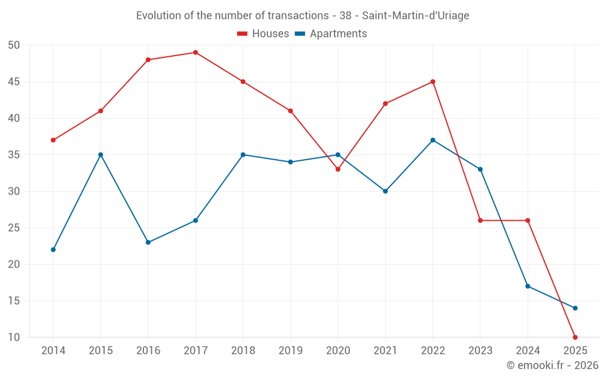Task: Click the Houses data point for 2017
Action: point(195,53)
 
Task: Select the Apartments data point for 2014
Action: point(53,250)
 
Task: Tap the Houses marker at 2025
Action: point(575,337)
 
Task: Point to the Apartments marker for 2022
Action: point(433,140)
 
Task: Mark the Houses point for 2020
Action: point(338,169)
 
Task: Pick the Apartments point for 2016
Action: point(148,243)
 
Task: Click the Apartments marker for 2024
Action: point(528,286)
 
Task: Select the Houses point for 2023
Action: point(480,221)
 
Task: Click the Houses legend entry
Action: point(263,34)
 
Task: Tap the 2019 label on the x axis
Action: point(290,351)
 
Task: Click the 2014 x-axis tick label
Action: point(53,351)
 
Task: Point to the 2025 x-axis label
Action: point(575,351)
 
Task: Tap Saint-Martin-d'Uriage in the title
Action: point(416,16)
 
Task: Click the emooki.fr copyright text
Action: point(552,365)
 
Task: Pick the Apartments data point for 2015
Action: point(100,155)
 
